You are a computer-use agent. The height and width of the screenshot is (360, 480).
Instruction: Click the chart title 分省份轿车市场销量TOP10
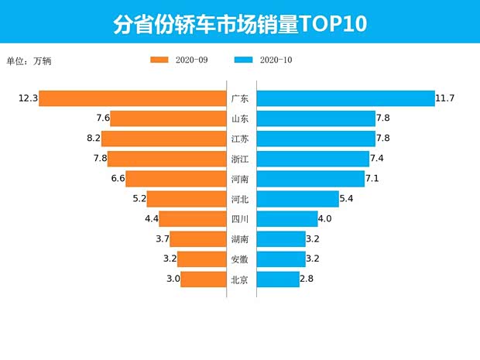pos(239,24)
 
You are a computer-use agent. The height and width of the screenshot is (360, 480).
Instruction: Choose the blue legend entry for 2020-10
pos(263,60)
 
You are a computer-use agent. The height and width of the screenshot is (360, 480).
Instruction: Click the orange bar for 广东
pos(132,98)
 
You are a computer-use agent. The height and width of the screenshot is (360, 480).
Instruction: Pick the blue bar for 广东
pos(345,98)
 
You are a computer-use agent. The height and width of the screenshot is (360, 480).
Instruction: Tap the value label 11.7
pos(445,98)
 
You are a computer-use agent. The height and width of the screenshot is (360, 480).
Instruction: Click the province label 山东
pos(240,118)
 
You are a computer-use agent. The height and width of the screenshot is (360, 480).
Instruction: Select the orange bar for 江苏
pos(163,139)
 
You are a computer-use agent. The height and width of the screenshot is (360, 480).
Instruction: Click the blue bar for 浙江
pos(313,159)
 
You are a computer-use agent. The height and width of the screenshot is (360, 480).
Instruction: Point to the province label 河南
pos(240,179)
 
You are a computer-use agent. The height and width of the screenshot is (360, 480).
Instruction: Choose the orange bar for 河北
pos(186,199)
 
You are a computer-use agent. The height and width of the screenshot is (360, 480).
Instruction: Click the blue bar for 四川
pos(287,219)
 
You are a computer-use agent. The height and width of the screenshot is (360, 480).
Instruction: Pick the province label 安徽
pos(240,259)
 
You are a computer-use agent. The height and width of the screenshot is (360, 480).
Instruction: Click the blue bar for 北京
pos(278,279)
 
